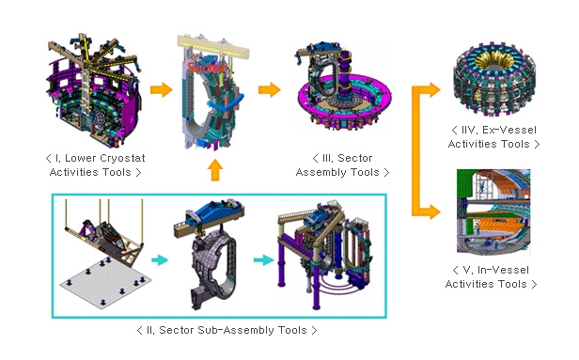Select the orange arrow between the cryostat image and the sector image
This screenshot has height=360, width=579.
[x=162, y=90]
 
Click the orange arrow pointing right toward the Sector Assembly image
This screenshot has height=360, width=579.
[x=270, y=90]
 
